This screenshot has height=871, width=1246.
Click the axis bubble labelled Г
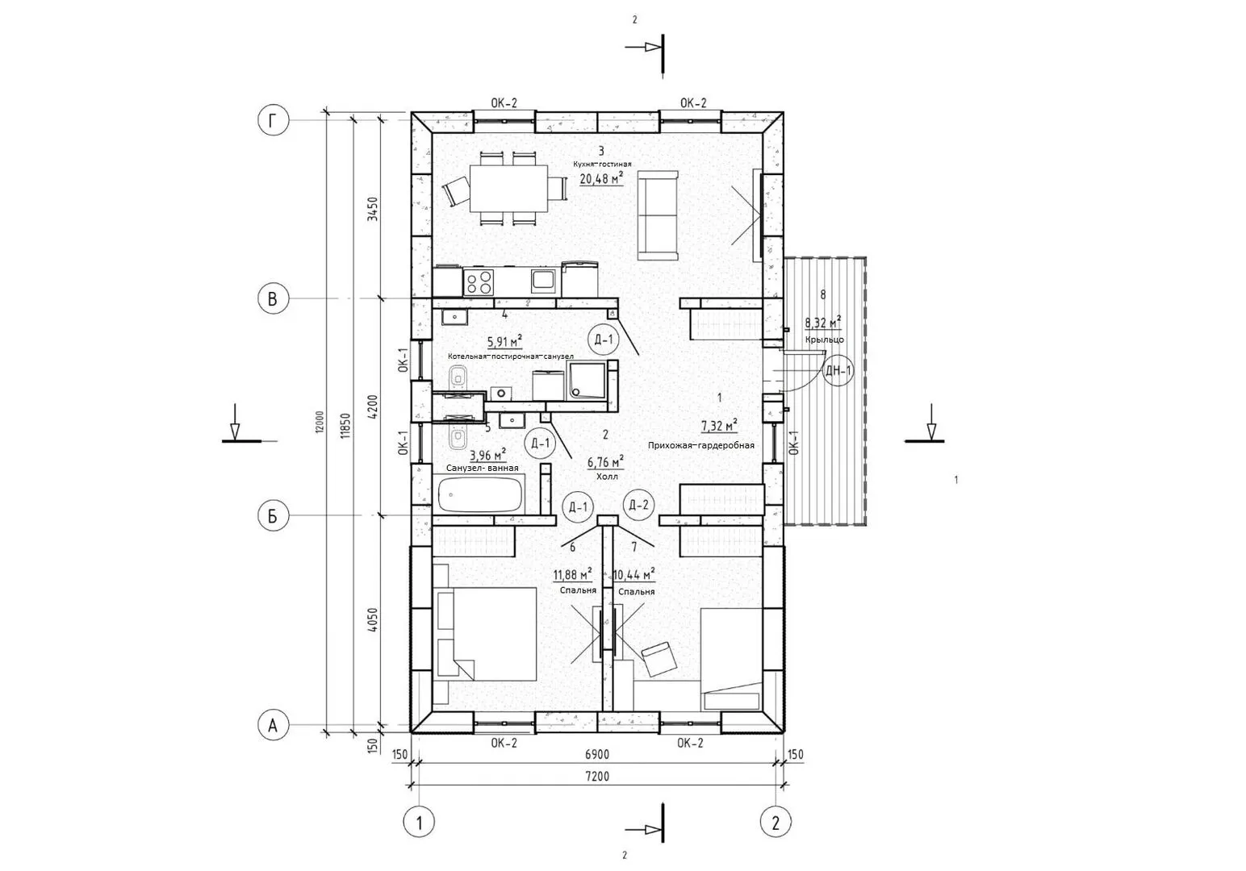(273, 121)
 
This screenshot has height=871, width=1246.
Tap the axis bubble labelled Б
(273, 516)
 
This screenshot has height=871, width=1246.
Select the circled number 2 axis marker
(776, 822)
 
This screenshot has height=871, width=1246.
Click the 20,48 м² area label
(601, 179)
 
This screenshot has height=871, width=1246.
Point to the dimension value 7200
(596, 777)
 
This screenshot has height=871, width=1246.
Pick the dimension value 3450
(374, 209)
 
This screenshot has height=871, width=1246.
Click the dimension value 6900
(596, 754)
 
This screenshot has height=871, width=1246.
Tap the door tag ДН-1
(838, 371)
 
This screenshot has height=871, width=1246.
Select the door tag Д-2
(638, 505)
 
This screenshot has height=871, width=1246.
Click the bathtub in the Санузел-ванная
(479, 494)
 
